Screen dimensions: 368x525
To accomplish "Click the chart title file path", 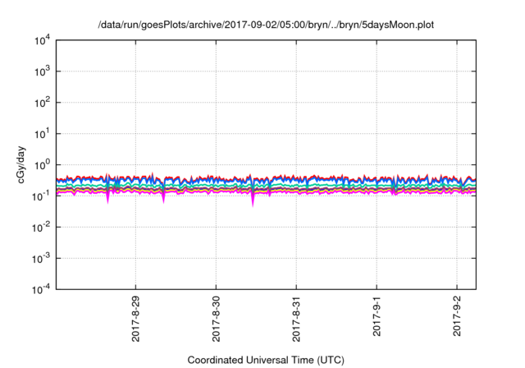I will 262,25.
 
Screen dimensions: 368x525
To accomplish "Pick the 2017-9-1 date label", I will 377,316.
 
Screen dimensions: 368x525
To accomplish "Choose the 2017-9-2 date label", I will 457,316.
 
